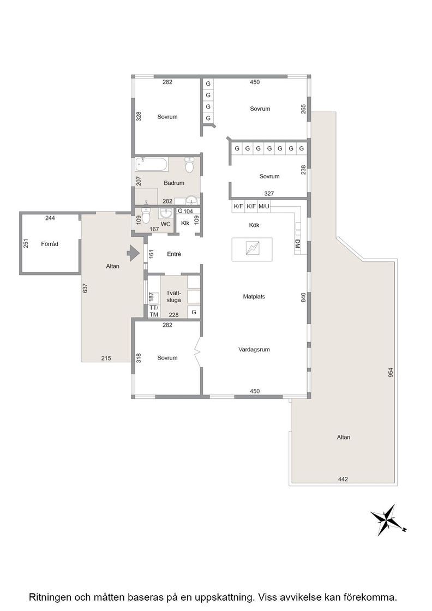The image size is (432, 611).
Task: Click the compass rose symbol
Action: pos(388,520)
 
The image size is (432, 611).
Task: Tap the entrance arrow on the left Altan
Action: pos(133,254)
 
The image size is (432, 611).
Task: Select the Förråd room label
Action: pos(50,244)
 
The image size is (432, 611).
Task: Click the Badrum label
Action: pos(174,183)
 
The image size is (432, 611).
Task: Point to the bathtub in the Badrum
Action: pos(152,164)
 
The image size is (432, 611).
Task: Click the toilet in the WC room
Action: pos(146,215)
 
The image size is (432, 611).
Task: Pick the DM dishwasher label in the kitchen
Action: pos(298,245)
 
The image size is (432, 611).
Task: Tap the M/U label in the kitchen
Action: pos(263,206)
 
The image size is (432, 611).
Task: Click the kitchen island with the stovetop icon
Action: pos(251,249)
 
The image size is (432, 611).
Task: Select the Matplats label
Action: pos(254,297)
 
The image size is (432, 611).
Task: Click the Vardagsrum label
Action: pos(254,350)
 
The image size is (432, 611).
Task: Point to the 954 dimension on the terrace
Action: pos(391,373)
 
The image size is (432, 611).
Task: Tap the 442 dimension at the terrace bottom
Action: pos(343,480)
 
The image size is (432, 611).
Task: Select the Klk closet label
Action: pos(185,223)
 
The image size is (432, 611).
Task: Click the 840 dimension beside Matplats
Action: pos(303,297)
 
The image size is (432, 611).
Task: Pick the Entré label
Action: pos(174,254)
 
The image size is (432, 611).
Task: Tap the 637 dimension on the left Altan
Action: pos(85,289)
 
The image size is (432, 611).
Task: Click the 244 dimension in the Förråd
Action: pos(50,218)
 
